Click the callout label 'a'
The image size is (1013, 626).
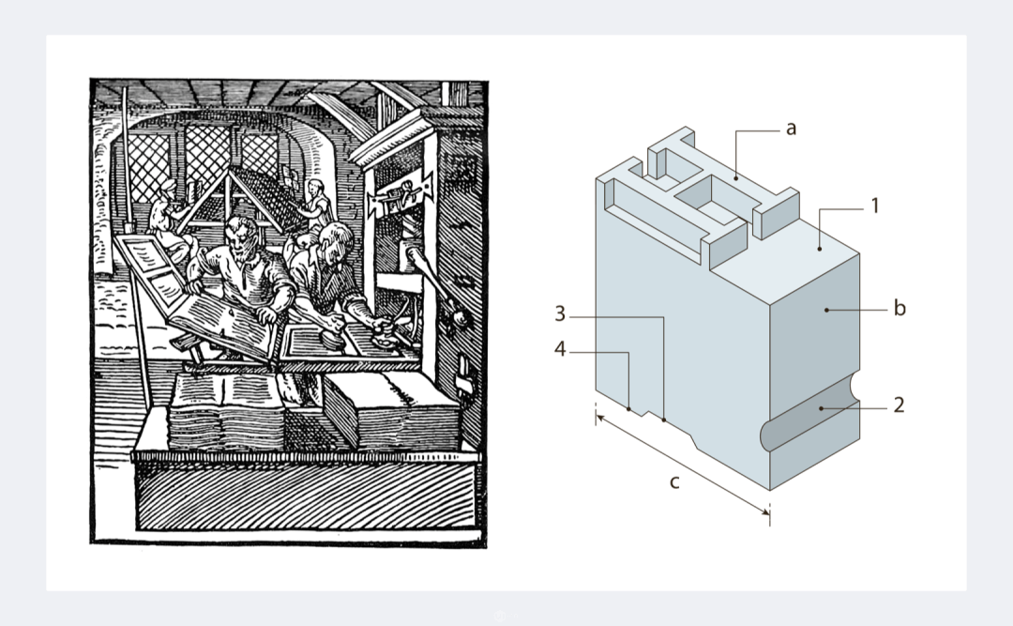[x=791, y=129]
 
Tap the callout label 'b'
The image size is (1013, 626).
[x=900, y=309]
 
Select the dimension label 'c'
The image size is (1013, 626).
[x=674, y=482]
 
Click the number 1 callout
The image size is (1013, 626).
[x=875, y=206]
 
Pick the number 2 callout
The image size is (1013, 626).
[x=899, y=405]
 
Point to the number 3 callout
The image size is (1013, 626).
[x=560, y=314]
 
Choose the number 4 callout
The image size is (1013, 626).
[x=560, y=349]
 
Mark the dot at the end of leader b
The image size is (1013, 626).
[x=826, y=311]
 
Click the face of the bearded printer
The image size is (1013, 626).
[x=241, y=239]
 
